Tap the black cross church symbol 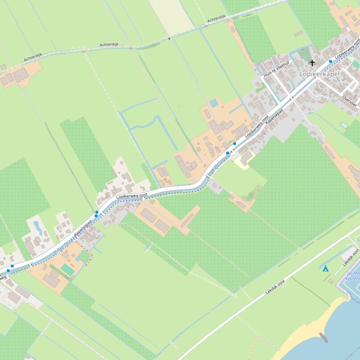tap(312, 63)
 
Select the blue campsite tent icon tap(325, 268)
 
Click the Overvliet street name tap(349, 101)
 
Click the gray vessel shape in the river tap(323, 337)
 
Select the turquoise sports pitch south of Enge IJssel tap(68, 270)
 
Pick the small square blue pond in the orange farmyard tap(214, 102)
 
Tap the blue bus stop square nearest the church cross tap(330, 61)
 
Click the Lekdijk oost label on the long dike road tap(275, 287)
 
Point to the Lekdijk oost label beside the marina tap(350, 258)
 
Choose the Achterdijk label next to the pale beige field tap(216, 19)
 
